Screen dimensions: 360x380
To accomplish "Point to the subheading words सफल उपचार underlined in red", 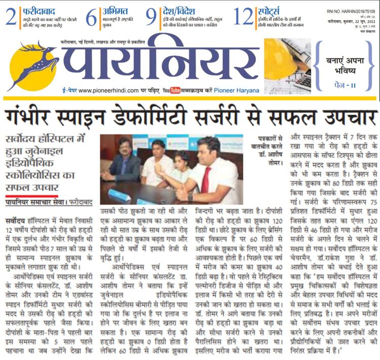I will coord(32,188).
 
